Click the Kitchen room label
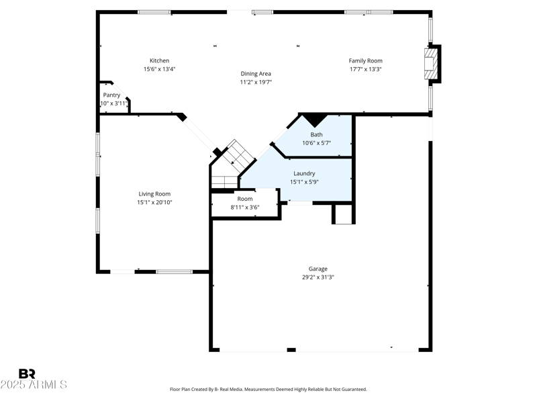point(159,61)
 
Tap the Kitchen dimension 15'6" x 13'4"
point(159,69)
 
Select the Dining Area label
point(256,74)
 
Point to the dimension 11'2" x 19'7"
point(256,82)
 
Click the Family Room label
point(365,61)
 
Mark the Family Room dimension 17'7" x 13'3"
point(365,69)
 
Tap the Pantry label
point(111,95)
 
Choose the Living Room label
point(154,194)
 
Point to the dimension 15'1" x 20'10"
point(154,202)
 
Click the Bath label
point(316,134)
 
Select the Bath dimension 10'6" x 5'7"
point(316,142)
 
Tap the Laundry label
point(304,173)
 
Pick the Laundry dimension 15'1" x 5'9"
point(304,181)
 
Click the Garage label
point(318,269)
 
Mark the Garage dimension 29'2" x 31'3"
point(318,277)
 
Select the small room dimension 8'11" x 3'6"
point(245,207)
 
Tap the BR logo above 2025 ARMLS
point(27,373)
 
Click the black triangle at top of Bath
point(313,120)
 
